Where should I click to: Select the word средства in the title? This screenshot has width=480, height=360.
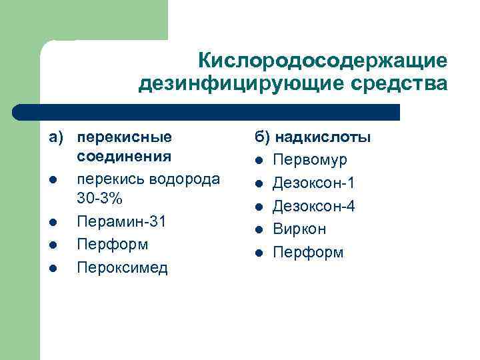(394, 85)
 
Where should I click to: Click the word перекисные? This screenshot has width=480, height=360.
(125, 137)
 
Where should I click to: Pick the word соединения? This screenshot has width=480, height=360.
(125, 158)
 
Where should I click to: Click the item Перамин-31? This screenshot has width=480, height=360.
(121, 221)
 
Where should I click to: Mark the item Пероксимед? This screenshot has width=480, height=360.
(123, 267)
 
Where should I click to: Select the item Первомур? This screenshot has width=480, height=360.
(309, 161)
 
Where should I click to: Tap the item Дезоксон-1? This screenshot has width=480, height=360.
(314, 183)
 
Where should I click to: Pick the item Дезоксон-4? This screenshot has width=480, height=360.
(314, 206)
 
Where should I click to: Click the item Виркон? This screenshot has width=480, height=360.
(299, 229)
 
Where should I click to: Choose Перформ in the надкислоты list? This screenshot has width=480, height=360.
(308, 253)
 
